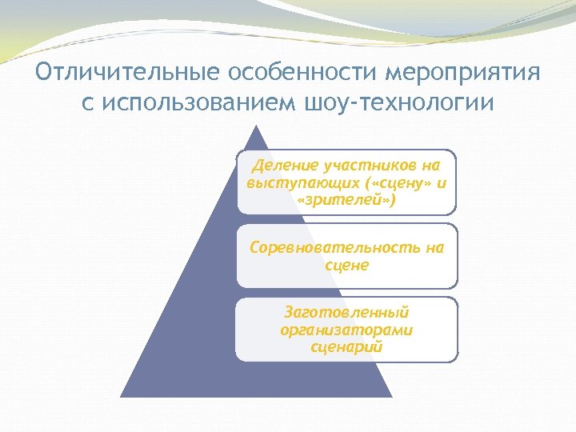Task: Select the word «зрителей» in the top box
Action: [346, 199]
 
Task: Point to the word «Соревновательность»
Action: [334, 247]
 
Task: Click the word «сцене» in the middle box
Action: [347, 265]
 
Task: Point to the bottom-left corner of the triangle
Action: [122, 397]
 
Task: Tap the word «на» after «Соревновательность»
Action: [434, 247]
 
